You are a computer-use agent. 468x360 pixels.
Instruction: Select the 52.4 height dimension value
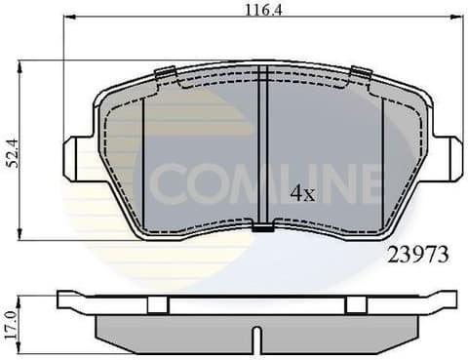tap(13, 152)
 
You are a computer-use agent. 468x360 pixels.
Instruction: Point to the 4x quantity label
tap(304, 193)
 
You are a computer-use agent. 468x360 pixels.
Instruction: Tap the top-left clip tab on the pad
tap(165, 72)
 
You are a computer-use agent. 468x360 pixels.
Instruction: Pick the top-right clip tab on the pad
tap(362, 72)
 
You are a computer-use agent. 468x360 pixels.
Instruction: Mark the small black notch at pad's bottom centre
tap(263, 230)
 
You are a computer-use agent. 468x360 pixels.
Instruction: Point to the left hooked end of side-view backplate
tap(64, 297)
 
